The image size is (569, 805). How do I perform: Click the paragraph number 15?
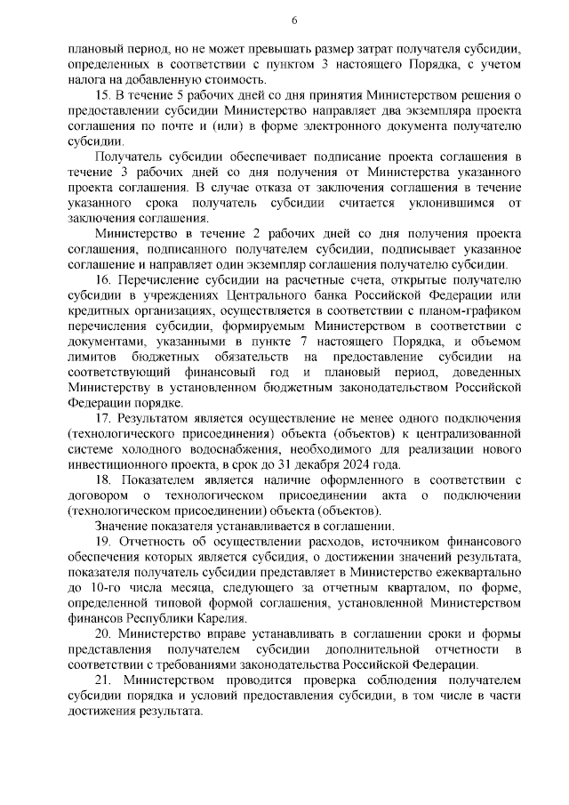111,95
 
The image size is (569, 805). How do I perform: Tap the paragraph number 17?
111,416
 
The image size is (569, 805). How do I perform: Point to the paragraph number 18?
111,481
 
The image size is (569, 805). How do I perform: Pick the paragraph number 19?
111,543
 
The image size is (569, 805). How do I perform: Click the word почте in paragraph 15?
185,126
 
